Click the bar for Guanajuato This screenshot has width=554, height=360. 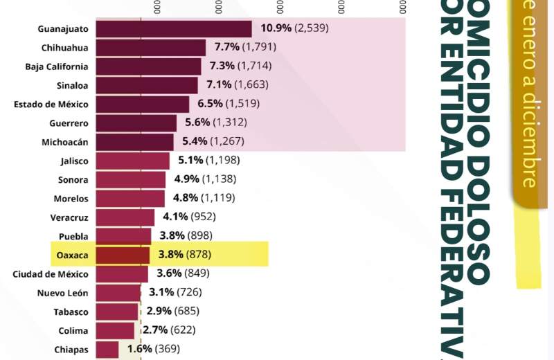point(173,28)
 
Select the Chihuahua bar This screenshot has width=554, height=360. point(150,48)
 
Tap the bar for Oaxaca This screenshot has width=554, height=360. point(123,255)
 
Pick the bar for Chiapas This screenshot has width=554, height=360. point(107,350)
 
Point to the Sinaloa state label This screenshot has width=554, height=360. point(72,85)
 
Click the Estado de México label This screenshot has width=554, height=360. point(51,104)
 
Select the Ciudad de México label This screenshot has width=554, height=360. point(51,274)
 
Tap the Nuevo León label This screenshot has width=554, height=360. point(62,293)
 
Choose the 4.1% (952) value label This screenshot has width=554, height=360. point(189,217)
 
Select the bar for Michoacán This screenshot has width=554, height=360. point(134,142)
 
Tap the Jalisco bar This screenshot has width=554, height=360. point(132,161)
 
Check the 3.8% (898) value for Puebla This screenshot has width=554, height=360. point(186,235)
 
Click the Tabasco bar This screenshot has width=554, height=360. point(117,312)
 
